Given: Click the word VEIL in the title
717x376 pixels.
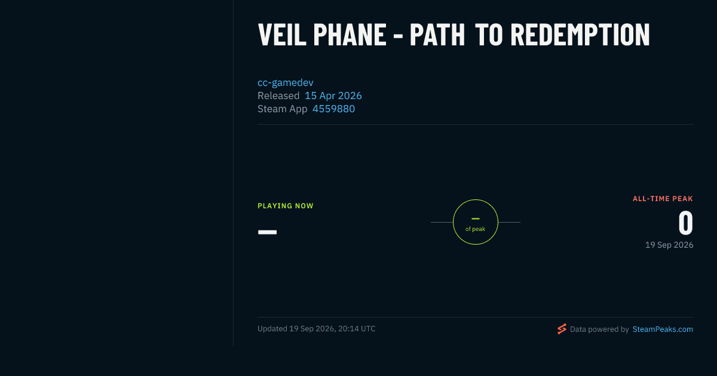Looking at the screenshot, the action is coord(282,35).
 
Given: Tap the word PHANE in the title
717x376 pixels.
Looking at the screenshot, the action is coord(350,35).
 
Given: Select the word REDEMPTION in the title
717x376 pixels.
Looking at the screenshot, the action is coord(580,35).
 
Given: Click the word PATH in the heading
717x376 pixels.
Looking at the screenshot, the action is coord(437,35).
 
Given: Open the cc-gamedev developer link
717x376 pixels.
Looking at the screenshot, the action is coord(286,82).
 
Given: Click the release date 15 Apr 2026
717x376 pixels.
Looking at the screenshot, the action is coord(333,95).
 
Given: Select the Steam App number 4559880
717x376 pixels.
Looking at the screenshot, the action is coord(333,109).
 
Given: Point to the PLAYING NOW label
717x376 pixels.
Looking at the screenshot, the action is coord(286,206).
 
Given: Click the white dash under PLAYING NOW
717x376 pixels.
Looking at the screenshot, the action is coord(267,232).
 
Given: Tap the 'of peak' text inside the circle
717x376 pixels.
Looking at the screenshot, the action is coord(476,229).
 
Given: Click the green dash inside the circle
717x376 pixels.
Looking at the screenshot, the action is coord(476,218).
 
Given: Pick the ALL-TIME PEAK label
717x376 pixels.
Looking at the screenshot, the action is coord(663,199).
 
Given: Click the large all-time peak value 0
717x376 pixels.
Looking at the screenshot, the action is coord(686,223).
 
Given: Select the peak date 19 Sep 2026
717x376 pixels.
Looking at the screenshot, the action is coord(669,245).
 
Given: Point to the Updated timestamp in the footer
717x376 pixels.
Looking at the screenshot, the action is coord(317,329).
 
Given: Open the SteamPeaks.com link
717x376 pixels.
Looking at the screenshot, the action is coord(663,329).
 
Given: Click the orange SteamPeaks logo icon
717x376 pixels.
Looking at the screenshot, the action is coord(562,329).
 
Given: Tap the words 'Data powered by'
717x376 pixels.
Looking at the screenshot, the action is coord(599,329).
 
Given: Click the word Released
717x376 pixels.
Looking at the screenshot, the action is coord(278,95).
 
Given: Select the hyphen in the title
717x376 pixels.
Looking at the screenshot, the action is coord(398,38).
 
